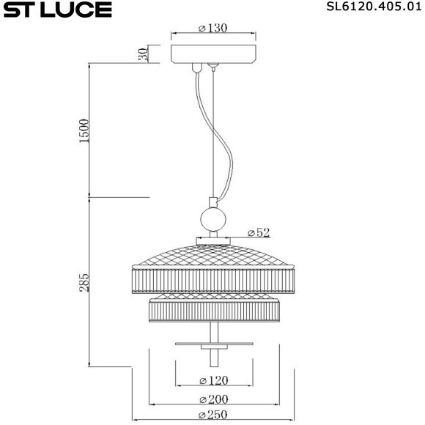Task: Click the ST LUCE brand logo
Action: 56,10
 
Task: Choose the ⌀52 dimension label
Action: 259,232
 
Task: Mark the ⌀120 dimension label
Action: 213,380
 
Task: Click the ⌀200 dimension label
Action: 213,399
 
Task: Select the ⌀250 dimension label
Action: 213,415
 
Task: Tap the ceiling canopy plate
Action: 213,54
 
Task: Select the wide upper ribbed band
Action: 213,281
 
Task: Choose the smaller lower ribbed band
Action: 213,310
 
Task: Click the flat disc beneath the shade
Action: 213,343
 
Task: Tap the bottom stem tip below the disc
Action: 213,357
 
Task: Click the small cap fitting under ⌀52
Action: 213,239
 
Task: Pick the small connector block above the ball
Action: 213,202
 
